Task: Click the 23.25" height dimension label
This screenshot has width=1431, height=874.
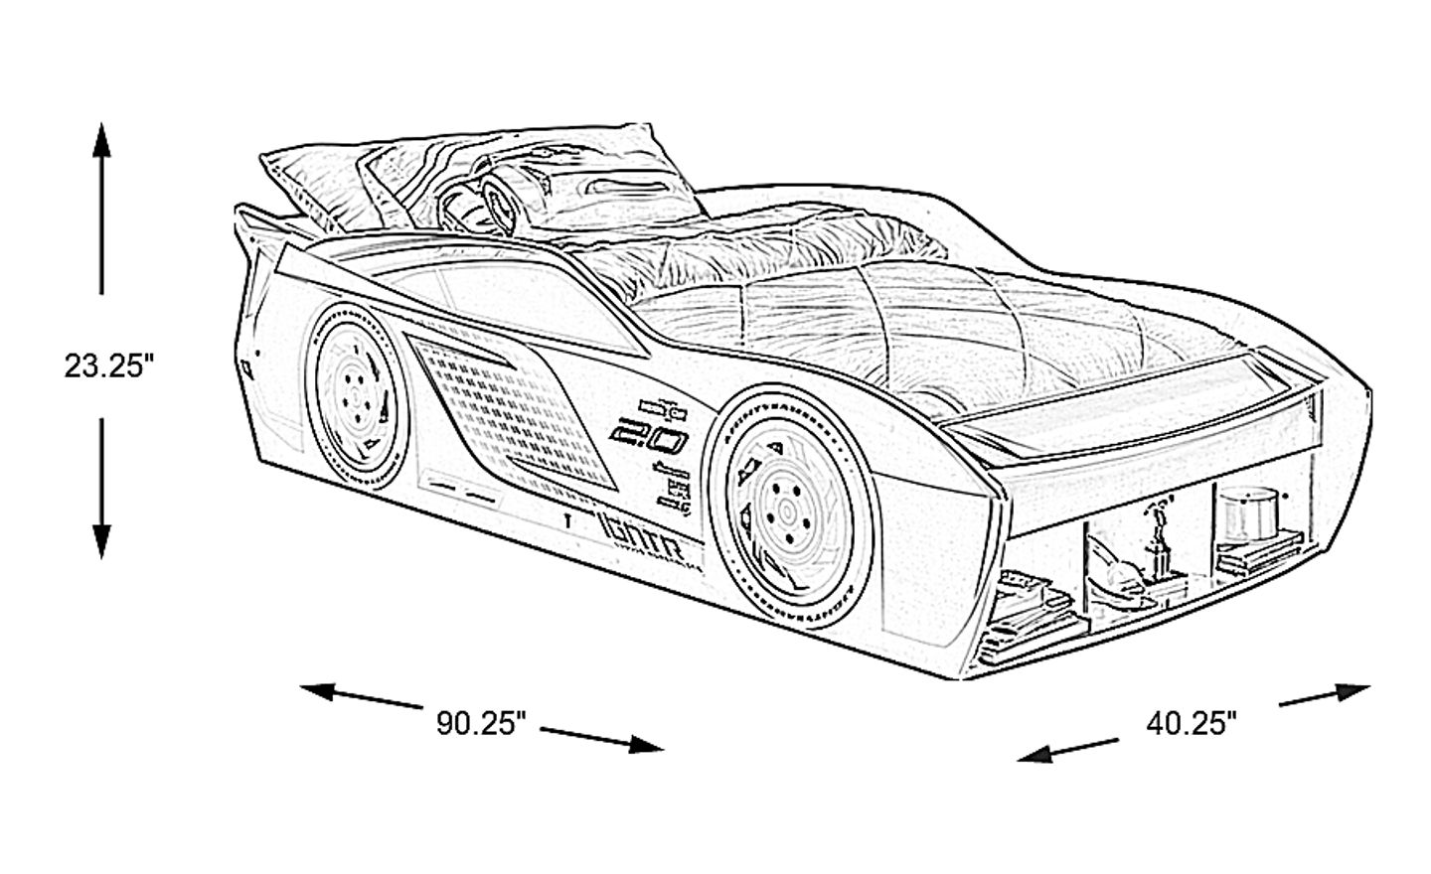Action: [x=108, y=365]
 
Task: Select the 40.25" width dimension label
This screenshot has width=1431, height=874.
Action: [x=1192, y=722]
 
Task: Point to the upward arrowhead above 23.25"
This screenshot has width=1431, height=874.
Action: [x=101, y=139]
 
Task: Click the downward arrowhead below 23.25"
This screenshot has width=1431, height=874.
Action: [x=101, y=541]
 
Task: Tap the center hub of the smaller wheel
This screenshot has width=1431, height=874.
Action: [x=354, y=391]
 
